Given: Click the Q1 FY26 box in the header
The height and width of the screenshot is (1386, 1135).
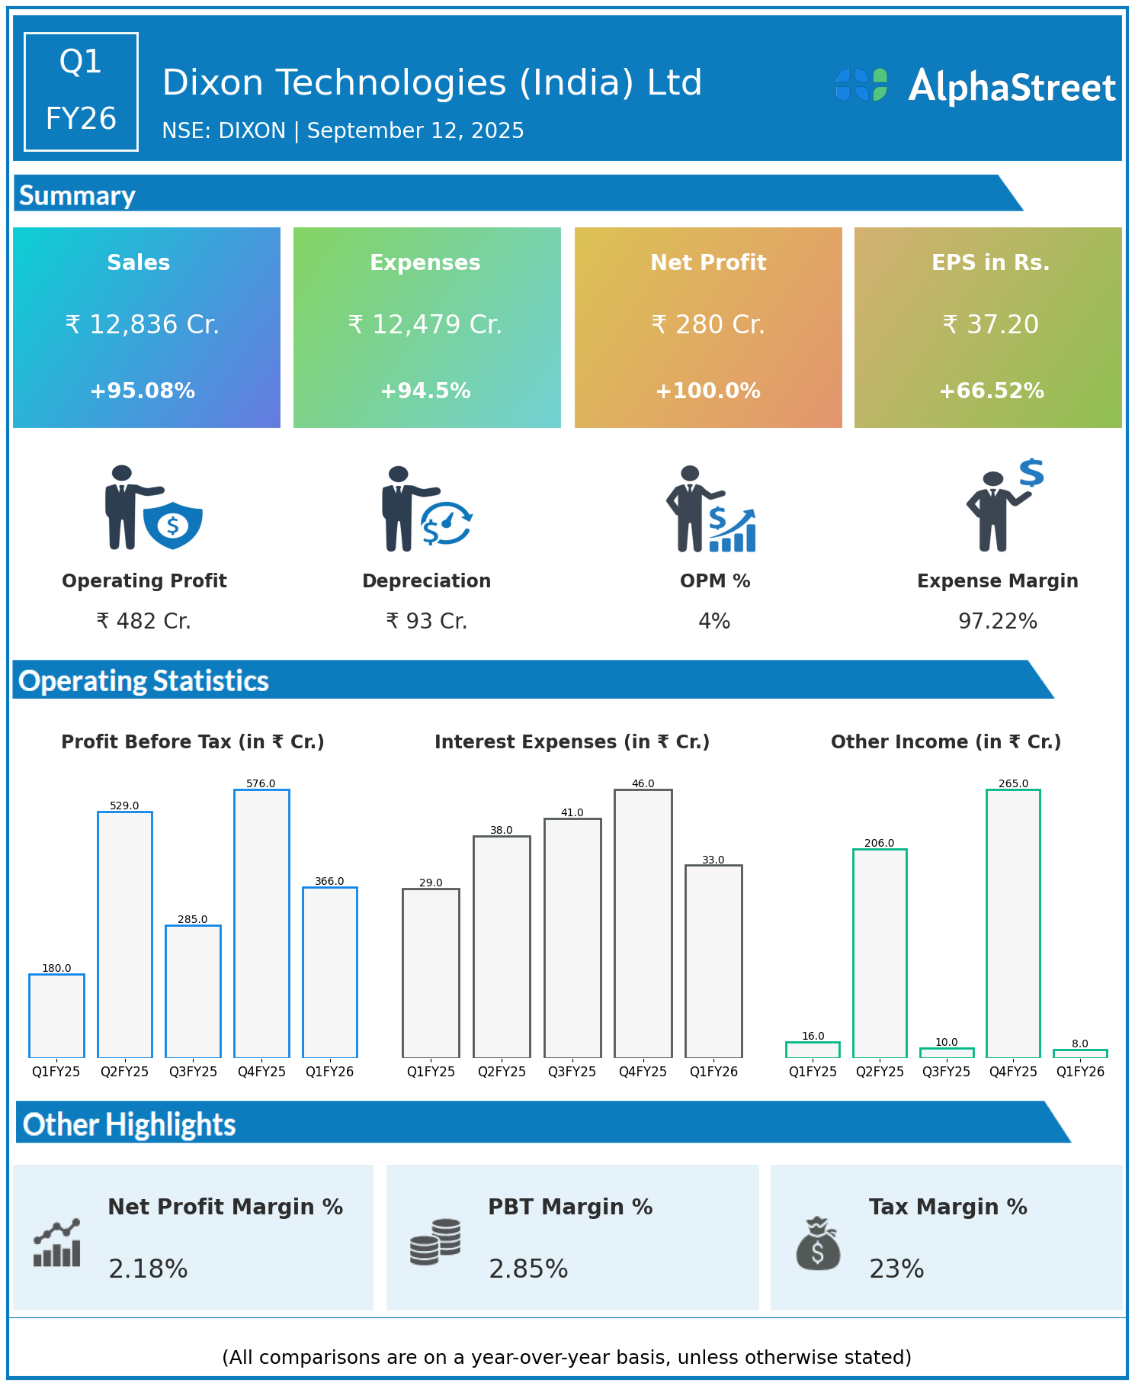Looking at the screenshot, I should point(81,92).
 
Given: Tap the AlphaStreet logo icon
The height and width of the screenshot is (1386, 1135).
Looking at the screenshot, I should point(861,85).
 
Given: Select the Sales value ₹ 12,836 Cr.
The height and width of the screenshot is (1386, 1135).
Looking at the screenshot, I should point(143,325).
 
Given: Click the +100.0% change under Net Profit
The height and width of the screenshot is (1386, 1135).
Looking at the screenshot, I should point(707,391).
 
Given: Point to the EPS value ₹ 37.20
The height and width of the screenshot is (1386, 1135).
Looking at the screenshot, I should point(990,325).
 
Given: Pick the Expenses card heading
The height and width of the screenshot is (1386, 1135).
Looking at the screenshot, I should point(425,262).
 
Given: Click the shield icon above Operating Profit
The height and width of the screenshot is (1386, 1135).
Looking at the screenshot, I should point(173,525).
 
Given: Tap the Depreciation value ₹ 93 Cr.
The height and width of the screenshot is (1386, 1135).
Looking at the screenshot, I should point(426,622).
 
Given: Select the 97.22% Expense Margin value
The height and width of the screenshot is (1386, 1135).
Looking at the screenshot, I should point(997,622).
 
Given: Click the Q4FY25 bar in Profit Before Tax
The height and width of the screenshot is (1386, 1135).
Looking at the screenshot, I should point(261,923).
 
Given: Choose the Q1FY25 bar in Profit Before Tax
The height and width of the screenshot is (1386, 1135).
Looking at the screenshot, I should point(56,1015).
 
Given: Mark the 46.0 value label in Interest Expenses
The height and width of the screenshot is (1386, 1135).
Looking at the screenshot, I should point(643,783).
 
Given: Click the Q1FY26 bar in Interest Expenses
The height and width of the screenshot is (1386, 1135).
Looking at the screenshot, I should point(713,961).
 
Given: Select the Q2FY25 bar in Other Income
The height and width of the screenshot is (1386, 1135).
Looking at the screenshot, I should point(880,953).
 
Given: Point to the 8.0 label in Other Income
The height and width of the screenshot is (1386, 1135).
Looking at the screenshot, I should point(1079,1044).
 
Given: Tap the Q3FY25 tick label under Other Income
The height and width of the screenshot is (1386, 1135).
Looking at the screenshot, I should point(946,1072).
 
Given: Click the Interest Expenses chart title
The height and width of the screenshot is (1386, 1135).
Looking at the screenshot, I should point(572,742).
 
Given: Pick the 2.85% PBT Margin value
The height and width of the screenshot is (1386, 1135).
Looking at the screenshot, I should point(528,1269).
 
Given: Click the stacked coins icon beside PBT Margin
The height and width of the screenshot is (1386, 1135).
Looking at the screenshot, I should point(435,1241).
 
